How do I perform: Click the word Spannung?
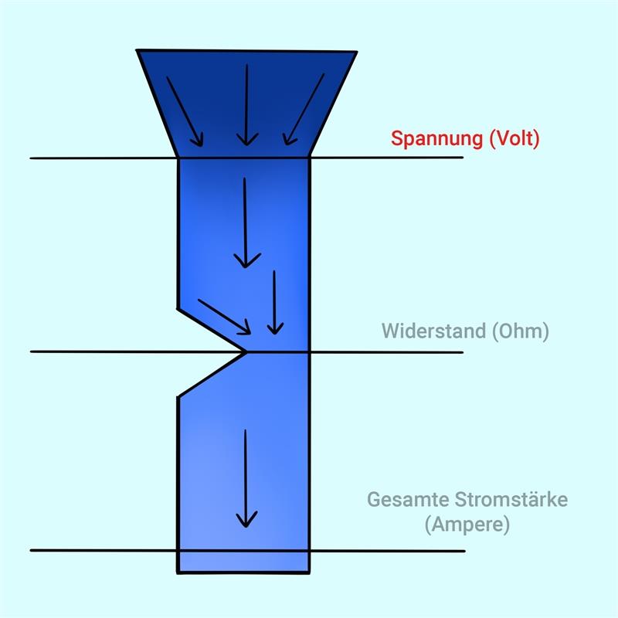437,139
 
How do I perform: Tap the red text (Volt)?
514,138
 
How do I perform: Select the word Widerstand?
433,331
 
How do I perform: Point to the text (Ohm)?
521,331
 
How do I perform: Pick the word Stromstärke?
511,499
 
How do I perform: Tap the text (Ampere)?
467,525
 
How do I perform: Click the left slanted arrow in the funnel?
185,111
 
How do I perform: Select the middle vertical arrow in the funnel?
246,105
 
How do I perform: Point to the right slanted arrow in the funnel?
304,109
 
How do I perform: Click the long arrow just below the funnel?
246,222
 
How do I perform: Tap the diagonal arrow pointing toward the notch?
224,317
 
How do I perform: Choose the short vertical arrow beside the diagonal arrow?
275,302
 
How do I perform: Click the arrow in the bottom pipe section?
246,478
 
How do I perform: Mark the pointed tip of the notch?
246,351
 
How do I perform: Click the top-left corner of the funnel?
137,50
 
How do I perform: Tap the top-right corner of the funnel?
357,52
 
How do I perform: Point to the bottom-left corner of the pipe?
178,572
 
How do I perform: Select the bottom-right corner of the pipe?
309,572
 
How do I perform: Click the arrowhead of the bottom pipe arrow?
246,520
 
